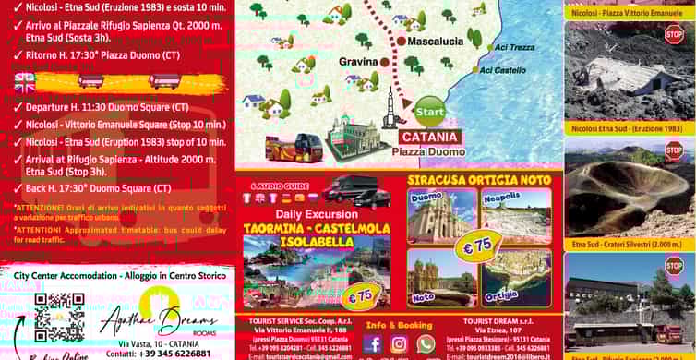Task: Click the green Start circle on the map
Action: [429, 113]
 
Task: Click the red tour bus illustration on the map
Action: [294, 148]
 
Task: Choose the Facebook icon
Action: [373, 343]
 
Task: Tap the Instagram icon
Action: [399, 343]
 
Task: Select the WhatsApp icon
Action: [426, 343]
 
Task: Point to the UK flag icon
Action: [25, 82]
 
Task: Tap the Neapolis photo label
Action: [502, 198]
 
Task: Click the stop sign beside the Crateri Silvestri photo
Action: [674, 150]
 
